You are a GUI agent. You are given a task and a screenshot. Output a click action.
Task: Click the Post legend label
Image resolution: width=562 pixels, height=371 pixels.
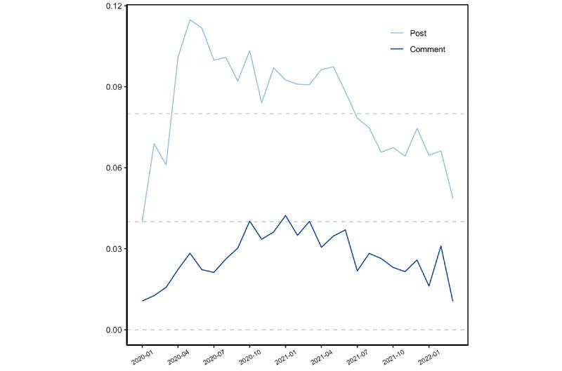[418, 33]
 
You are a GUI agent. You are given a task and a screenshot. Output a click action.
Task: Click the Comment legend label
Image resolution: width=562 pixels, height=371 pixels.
[427, 49]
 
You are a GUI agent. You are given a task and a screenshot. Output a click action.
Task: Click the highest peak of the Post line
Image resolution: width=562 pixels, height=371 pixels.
[190, 20]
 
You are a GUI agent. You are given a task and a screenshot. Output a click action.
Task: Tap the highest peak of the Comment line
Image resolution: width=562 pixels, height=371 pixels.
[285, 215]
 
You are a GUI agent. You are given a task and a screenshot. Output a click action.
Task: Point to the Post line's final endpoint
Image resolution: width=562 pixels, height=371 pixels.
[452, 198]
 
